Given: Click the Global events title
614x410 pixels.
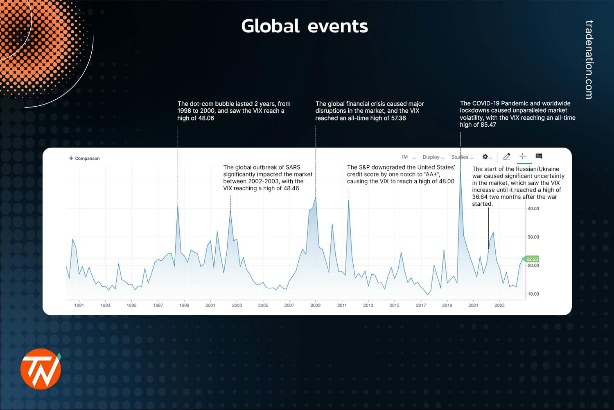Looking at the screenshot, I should (305, 26).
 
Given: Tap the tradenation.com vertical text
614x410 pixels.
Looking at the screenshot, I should (589, 60).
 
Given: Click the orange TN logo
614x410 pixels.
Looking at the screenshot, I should (41, 369).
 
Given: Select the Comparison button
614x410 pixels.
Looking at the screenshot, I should (84, 158).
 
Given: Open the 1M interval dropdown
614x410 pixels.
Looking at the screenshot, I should (408, 157).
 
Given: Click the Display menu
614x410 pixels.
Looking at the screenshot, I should (433, 157).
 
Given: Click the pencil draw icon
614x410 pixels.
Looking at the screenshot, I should (507, 156).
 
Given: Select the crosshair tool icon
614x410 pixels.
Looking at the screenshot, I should (523, 156).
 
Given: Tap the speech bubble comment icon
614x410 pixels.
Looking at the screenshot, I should (539, 156).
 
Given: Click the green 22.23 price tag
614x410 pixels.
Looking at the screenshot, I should (532, 259).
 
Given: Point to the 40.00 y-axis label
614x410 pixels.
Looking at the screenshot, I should (533, 209).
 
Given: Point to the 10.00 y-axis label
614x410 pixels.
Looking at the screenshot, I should (533, 294).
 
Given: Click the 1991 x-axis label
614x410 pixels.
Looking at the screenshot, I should (79, 305).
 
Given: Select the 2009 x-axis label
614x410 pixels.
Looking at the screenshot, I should (315, 305).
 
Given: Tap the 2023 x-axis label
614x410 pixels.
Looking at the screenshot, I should (499, 305).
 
